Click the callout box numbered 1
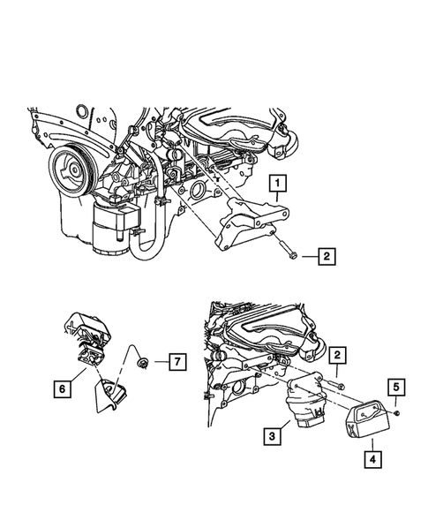click(x=278, y=184)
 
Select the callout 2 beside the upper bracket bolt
click(x=327, y=258)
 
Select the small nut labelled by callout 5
click(x=398, y=411)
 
